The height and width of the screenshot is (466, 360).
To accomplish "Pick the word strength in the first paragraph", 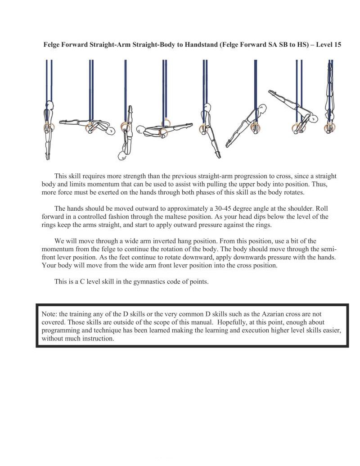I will click(127, 176).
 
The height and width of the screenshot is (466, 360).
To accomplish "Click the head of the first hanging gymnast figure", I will click(49, 107).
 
